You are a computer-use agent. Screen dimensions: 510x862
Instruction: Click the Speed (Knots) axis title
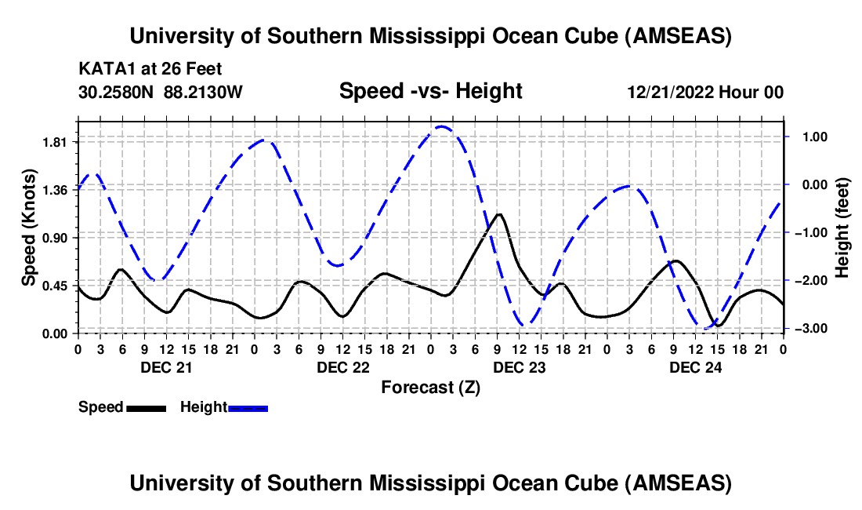(29, 228)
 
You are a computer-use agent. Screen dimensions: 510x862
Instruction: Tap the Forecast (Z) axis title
(430, 388)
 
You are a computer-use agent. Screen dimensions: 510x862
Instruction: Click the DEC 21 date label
(166, 367)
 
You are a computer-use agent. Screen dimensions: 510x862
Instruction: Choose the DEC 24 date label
(695, 367)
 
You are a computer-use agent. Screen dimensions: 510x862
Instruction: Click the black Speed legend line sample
(146, 408)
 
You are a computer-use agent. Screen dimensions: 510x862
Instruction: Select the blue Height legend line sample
(248, 408)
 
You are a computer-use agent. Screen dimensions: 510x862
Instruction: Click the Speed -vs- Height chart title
(430, 91)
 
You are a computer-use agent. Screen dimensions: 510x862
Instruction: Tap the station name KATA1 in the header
(104, 69)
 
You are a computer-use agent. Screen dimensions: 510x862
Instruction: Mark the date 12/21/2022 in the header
(667, 92)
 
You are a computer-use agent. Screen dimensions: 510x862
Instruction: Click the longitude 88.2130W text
(204, 92)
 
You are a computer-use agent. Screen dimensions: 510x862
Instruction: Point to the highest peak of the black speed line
(498, 213)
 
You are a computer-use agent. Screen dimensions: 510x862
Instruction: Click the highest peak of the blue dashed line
(441, 126)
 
